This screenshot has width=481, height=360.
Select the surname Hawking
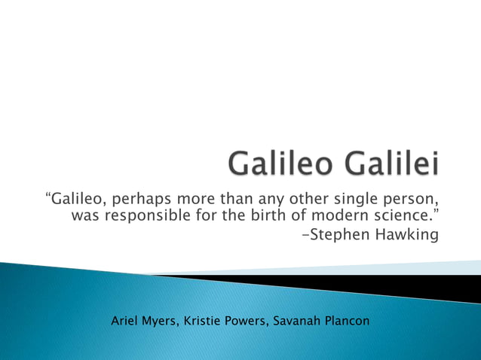click(406, 236)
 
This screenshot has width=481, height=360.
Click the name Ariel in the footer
click(125, 321)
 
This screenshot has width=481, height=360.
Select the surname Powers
click(248, 321)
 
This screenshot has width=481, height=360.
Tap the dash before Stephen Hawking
click(305, 236)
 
